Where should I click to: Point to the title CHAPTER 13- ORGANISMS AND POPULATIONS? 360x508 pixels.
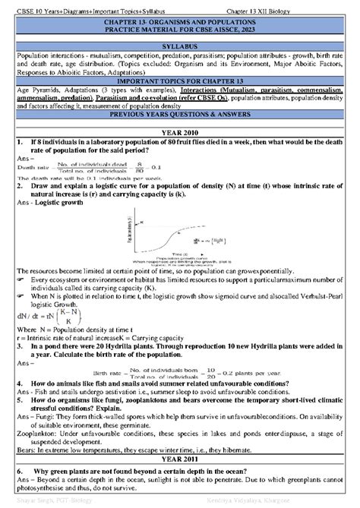181,24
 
